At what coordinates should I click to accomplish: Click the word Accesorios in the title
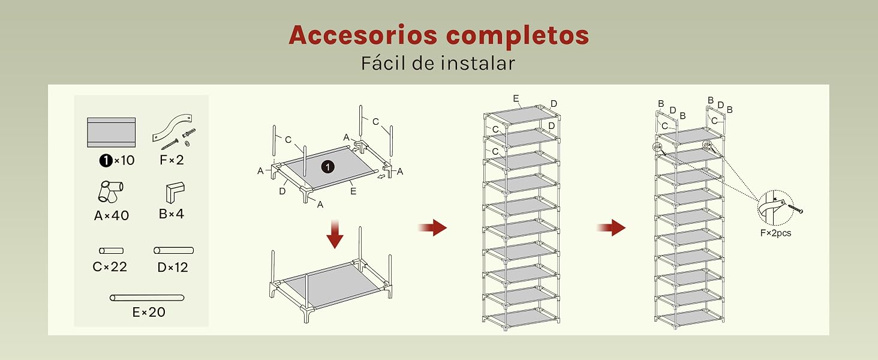pyautogui.click(x=363, y=35)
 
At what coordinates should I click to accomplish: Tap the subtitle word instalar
pyautogui.click(x=477, y=64)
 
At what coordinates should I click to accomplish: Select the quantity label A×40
pyautogui.click(x=112, y=215)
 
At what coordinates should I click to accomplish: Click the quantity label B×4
pyautogui.click(x=172, y=214)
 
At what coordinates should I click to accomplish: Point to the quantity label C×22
pyautogui.click(x=110, y=266)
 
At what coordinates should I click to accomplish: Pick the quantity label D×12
pyautogui.click(x=173, y=268)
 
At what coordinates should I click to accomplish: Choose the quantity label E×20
pyautogui.click(x=149, y=312)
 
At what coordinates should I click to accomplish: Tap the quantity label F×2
pyautogui.click(x=172, y=160)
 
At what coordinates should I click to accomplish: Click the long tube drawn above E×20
pyautogui.click(x=147, y=298)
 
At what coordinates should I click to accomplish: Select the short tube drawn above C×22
pyautogui.click(x=112, y=251)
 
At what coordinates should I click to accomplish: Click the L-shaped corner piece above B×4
pyautogui.click(x=175, y=192)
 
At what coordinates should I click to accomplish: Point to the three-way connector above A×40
pyautogui.click(x=110, y=191)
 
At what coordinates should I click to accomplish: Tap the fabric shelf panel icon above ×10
pyautogui.click(x=112, y=133)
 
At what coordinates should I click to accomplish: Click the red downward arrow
pyautogui.click(x=335, y=234)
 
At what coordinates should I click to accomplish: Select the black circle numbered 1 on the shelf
pyautogui.click(x=327, y=167)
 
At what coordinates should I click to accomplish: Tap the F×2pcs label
pyautogui.click(x=775, y=233)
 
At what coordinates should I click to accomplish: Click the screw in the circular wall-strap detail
pyautogui.click(x=795, y=209)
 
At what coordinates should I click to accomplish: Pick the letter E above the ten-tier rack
pyautogui.click(x=516, y=98)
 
